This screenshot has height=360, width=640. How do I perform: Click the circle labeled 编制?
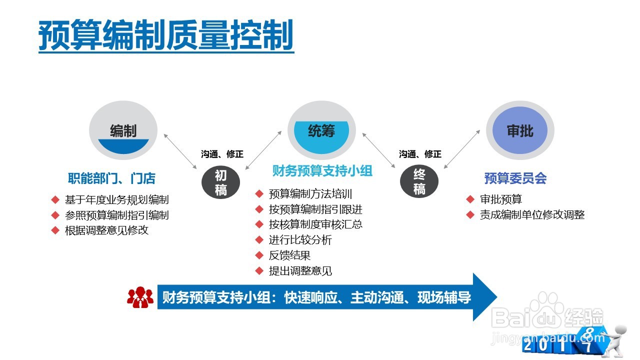[x=123, y=131]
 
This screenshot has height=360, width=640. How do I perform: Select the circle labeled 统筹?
[x=321, y=131]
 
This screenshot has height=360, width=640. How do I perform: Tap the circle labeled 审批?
[x=520, y=131]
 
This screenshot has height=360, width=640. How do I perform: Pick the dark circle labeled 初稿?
[x=220, y=182]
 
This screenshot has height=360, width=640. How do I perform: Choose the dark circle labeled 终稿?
[x=419, y=182]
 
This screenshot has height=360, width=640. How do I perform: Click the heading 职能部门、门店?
[x=111, y=178]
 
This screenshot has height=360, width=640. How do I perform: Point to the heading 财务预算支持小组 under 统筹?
[x=322, y=171]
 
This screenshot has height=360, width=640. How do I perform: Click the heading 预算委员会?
[x=515, y=178]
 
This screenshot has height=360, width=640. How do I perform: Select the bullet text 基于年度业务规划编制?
[x=116, y=199]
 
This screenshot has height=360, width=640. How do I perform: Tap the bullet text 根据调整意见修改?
[x=106, y=230]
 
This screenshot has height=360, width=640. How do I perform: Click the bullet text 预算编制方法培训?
[x=310, y=193]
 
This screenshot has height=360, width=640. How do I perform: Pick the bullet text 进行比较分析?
[x=300, y=240]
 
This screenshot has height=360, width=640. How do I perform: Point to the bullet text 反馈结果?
[x=289, y=255]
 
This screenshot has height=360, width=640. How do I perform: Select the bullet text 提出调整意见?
[x=300, y=271]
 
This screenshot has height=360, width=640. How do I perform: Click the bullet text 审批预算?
[x=501, y=199]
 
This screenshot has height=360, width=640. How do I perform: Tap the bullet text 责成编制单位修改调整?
[x=532, y=215]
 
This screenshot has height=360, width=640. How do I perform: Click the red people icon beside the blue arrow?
[x=140, y=297]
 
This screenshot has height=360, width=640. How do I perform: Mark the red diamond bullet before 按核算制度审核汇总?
[x=259, y=224]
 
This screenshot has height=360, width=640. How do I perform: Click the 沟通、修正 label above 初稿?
[x=222, y=154]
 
